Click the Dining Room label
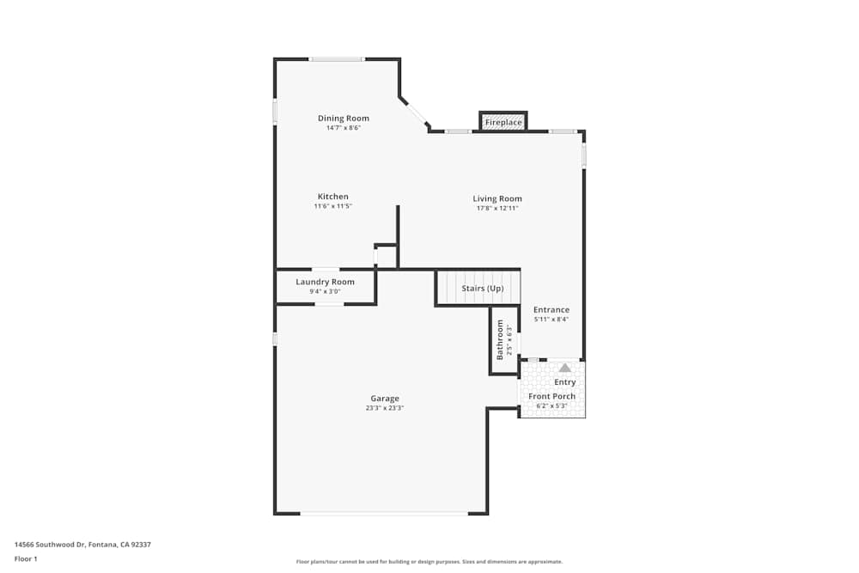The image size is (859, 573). tap(344, 119)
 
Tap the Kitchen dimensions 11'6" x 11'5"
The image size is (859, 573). tap(333, 206)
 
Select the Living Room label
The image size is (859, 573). tap(497, 198)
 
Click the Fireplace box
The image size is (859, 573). tap(503, 122)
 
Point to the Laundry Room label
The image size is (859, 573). tap(325, 282)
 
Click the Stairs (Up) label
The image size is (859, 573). tap(483, 288)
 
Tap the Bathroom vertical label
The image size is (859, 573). tap(500, 340)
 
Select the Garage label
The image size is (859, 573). tap(385, 399)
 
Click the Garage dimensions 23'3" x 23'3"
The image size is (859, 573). tap(385, 408)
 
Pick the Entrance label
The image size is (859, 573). tap(551, 309)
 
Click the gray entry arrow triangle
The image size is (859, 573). tap(565, 368)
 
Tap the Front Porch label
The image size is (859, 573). tap(551, 396)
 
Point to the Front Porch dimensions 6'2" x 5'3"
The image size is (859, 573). tap(551, 405)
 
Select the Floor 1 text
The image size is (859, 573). tap(26, 558)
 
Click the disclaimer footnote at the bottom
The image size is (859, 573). tap(429, 561)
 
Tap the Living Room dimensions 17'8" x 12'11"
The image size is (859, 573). tap(497, 208)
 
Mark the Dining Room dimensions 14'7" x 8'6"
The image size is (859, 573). tap(344, 128)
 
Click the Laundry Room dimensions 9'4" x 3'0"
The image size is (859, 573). tap(325, 291)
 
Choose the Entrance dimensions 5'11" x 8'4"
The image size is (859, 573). tap(551, 319)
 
